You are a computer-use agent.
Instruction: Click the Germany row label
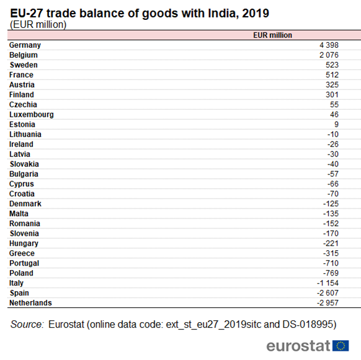pos(25,45)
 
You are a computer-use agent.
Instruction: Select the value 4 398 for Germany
pos(329,45)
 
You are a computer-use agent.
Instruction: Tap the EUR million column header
pos(272,35)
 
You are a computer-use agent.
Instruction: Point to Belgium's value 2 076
pos(329,55)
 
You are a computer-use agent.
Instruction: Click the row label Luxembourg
pos(31,114)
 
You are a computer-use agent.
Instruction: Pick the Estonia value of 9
pos(336,124)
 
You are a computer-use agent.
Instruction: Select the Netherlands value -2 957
pos(328,303)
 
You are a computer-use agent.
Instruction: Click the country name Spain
pos(19,293)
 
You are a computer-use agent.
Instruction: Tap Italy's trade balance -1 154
pos(328,283)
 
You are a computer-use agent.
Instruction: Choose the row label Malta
pos(19,214)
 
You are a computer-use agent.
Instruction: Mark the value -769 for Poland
pos(331,273)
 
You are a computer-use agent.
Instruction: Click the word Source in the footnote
pos(27,324)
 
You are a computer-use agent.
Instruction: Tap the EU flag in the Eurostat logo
pos(341,346)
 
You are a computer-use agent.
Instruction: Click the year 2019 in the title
pos(256,13)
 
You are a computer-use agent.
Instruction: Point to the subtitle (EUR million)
pos(38,24)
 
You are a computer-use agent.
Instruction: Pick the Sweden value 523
pos(332,65)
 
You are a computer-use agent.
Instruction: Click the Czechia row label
pos(23,104)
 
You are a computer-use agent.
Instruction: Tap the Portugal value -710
pos(331,263)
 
